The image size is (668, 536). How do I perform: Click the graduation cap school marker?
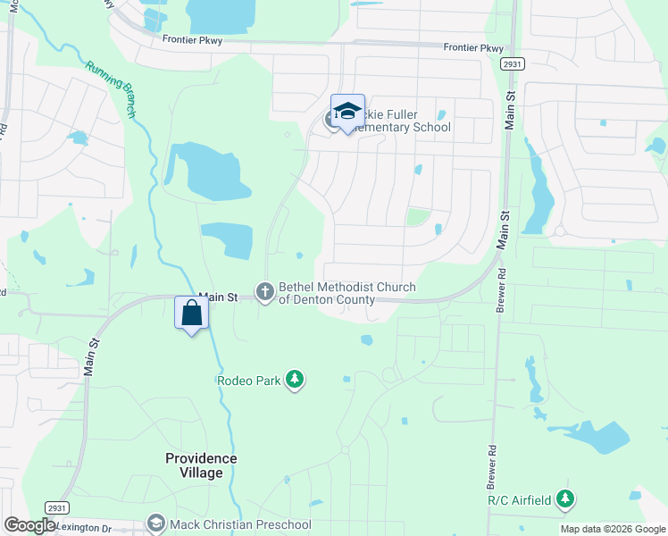[347, 112]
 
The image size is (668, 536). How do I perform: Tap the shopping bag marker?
[191, 314]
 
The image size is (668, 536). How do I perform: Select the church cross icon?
[264, 291]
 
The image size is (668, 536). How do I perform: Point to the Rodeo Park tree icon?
[295, 381]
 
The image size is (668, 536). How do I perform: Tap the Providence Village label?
[201, 465]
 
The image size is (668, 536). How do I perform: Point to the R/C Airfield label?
[519, 500]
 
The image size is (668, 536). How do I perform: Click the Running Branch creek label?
[111, 89]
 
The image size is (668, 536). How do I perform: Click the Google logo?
[29, 525]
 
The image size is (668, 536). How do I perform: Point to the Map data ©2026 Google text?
[613, 529]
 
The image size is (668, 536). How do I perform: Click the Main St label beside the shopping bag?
[218, 297]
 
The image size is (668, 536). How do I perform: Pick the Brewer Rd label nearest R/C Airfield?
[490, 469]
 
